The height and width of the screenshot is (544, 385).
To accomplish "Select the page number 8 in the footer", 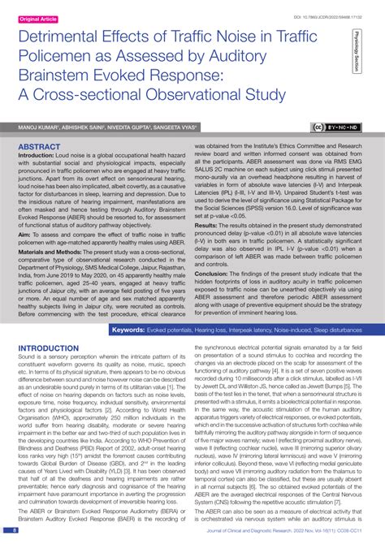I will pyautogui.click(x=15, y=530).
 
